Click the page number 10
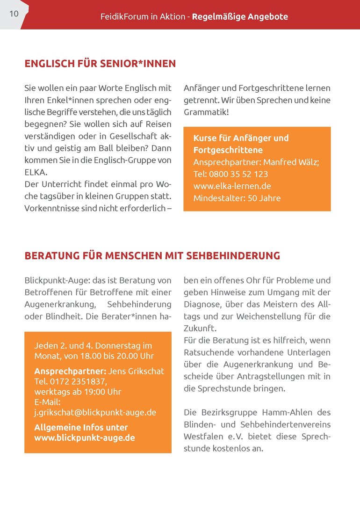coord(14,14)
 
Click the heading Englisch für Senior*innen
coord(100,64)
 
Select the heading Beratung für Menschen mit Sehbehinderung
coord(152,256)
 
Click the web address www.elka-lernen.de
coord(232,186)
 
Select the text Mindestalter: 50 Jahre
coord(237,198)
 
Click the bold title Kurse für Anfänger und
coord(241,138)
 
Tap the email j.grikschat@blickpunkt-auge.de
coord(95,412)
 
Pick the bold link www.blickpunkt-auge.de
coord(85,438)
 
